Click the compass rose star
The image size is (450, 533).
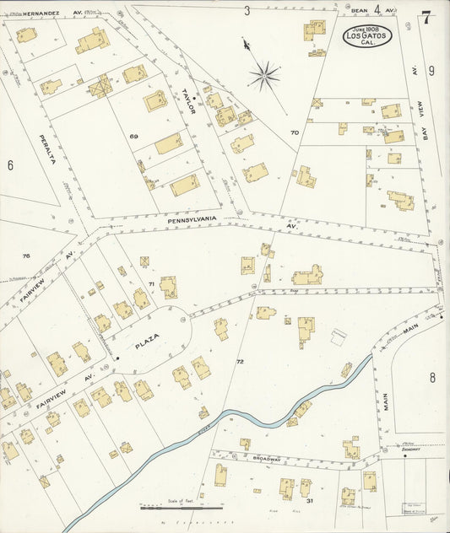point(263,77)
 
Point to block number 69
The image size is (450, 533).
point(133,137)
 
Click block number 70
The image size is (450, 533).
point(294,132)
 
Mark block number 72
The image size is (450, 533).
point(240,361)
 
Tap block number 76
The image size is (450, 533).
point(26,256)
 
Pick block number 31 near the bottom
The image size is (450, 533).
point(310,502)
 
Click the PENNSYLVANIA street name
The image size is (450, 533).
point(192,219)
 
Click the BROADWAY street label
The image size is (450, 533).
point(267,460)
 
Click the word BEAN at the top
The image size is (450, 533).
point(359,10)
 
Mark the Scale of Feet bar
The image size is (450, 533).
point(182,508)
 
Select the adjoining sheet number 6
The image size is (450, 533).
point(10,165)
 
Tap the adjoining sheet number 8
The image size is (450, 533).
point(431,377)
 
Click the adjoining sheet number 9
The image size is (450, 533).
point(431,71)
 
